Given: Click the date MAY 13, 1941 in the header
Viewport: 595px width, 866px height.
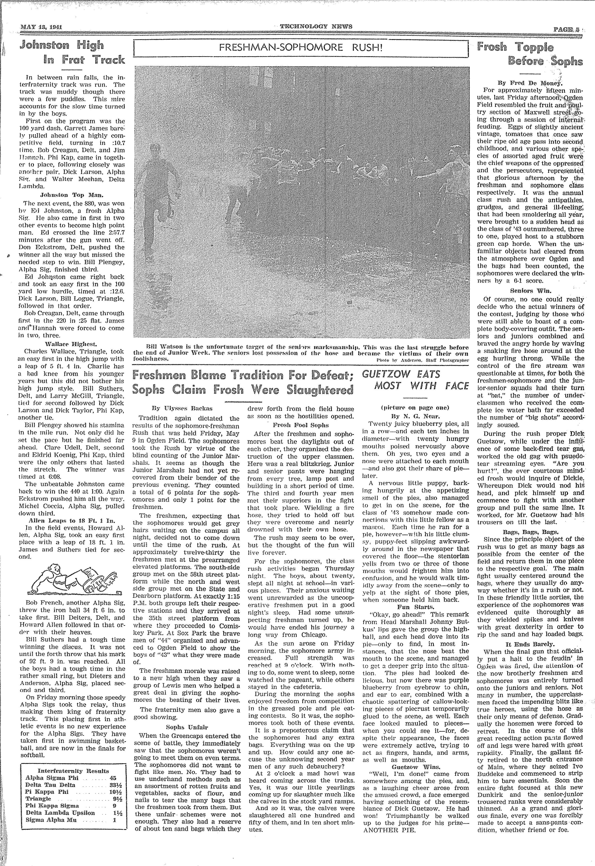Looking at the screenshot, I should click(41, 27).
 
